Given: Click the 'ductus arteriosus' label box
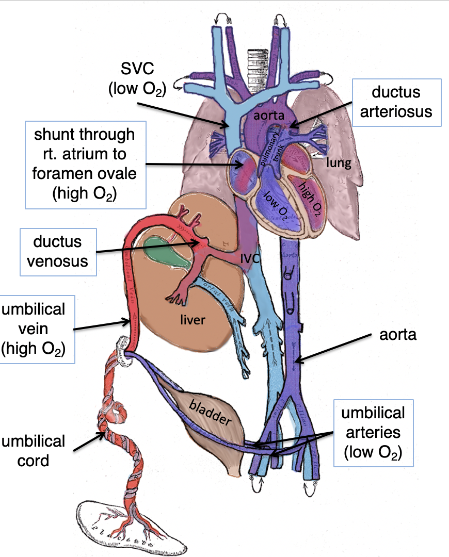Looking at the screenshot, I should tap(397, 102).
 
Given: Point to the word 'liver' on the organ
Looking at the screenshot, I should tap(193, 320).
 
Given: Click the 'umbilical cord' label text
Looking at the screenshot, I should tap(34, 450).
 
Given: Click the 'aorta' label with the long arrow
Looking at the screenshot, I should tap(398, 336).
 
